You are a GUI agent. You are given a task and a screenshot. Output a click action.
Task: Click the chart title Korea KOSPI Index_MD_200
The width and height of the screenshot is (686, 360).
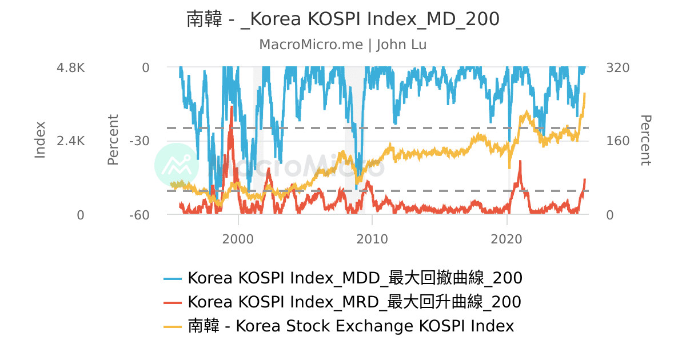coord(343,19)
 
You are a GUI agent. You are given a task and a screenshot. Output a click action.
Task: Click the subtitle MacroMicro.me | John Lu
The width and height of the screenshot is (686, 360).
coord(343,45)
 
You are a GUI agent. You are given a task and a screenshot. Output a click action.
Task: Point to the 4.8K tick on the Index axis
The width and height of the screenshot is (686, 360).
coord(70,67)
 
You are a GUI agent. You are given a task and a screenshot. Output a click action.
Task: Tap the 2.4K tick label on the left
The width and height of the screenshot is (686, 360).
coord(70,141)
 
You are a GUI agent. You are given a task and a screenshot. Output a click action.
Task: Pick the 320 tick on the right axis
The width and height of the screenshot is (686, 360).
coord(617,67)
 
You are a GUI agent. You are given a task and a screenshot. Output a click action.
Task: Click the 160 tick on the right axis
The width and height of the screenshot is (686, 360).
coord(617,141)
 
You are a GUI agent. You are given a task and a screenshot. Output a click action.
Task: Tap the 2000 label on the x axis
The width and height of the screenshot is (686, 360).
coord(238,239)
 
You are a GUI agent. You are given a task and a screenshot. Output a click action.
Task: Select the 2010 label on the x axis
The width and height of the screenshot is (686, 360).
coord(372,239)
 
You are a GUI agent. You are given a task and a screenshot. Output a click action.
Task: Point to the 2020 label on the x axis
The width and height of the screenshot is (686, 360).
coord(507,239)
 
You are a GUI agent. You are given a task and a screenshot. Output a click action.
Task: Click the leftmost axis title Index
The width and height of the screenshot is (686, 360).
coord(40,139)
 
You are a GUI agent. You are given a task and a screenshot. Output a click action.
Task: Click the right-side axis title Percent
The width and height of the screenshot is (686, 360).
coord(645,140)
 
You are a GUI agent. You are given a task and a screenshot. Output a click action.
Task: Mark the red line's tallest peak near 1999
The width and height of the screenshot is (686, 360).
coord(232,107)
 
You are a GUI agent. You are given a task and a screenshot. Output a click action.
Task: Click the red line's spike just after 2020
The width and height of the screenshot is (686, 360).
coord(520,162)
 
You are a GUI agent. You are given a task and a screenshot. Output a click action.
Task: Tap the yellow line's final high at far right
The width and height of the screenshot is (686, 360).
coord(584,93)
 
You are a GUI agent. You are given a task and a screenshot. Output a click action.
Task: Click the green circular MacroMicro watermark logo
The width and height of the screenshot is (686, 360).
coord(177,165)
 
